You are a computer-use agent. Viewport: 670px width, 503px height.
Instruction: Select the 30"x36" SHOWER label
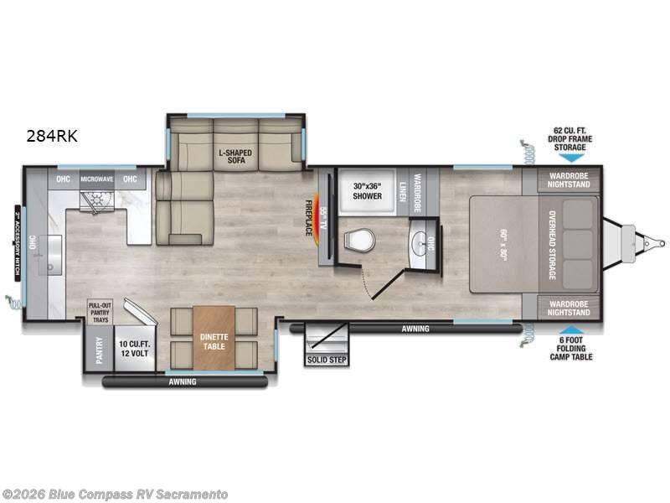[366, 190]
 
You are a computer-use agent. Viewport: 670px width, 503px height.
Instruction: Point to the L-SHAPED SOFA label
[235, 158]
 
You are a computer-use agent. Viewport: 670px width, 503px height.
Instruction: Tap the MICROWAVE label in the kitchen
[96, 179]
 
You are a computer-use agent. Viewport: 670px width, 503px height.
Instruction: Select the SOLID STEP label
[327, 360]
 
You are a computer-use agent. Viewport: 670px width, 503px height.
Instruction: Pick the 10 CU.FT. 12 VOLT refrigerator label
[134, 349]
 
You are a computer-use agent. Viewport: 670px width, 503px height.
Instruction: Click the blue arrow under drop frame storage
[569, 158]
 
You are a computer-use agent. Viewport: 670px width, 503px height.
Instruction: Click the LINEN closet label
[402, 190]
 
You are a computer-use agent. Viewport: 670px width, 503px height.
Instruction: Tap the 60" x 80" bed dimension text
[502, 244]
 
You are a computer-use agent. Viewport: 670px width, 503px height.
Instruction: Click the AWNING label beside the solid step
[415, 329]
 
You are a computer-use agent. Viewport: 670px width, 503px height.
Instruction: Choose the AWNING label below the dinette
[182, 382]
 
